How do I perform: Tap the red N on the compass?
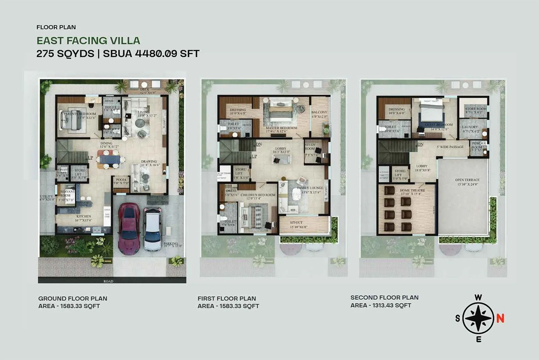pos(500,318)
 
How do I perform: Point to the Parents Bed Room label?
pos(80,114)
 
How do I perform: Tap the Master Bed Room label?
pos(281,128)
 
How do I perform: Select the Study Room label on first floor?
pos(310,146)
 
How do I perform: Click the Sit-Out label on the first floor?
pos(296,223)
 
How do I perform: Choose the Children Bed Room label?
pos(258,195)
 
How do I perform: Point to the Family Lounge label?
pos(310,188)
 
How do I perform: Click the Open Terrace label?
pos(467,180)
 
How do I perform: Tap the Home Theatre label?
pos(412,190)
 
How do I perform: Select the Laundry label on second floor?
pos(470,127)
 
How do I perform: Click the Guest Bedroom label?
pos(439,125)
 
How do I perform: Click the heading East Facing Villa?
pos(88,41)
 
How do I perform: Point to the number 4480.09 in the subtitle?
pos(156,54)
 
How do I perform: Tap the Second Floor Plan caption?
pos(384,298)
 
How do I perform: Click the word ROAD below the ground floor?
pos(108,281)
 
